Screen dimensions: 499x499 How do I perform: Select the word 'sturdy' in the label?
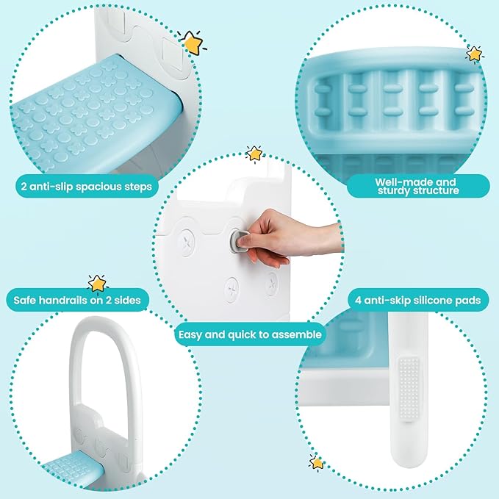(396, 191)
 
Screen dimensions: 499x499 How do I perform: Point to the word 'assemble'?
(294, 334)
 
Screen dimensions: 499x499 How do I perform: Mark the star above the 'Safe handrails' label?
(96, 283)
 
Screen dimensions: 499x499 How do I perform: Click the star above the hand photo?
(254, 153)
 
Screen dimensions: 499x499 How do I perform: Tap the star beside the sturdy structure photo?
(474, 54)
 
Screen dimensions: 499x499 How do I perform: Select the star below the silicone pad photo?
(317, 463)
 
